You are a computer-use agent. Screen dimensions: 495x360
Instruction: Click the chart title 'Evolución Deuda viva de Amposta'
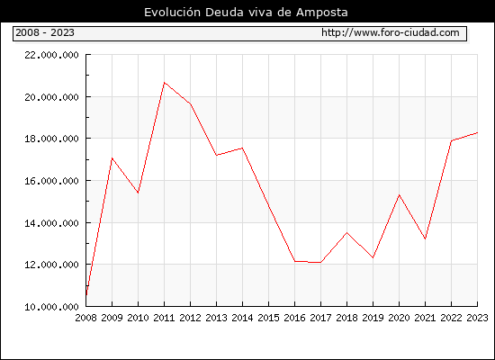pos(246,13)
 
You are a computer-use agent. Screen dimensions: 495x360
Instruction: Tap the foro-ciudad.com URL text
pos(391,32)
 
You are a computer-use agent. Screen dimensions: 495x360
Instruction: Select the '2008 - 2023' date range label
pos(45,32)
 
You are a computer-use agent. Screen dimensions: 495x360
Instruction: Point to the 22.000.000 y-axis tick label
pos(51,55)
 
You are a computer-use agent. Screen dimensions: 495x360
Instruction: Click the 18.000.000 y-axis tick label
pos(51,139)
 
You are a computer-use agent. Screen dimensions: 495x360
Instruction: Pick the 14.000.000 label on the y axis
pos(51,223)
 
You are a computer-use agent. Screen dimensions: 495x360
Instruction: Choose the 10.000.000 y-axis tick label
pos(51,307)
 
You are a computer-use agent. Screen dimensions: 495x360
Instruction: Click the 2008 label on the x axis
pos(85,318)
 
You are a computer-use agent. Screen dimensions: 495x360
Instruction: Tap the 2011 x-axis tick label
pos(164,318)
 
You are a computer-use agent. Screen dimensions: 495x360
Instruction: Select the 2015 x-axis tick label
pos(269,318)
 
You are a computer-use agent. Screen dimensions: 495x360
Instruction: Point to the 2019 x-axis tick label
pos(373,318)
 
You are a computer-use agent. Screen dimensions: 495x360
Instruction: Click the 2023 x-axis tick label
pos(477,318)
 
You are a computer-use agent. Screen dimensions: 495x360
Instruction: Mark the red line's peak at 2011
pos(164,83)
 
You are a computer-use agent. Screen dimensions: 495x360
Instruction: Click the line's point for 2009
pos(112,157)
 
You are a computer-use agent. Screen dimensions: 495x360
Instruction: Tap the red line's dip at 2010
pos(138,193)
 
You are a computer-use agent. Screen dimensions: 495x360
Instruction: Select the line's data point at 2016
pos(294,261)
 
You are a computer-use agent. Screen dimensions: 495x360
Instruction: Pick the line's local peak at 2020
pos(399,194)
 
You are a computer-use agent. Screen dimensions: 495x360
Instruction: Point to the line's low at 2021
pos(425,238)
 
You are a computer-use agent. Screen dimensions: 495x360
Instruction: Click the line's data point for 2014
pos(242,148)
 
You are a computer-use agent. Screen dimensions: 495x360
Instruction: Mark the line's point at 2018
pos(346,233)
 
